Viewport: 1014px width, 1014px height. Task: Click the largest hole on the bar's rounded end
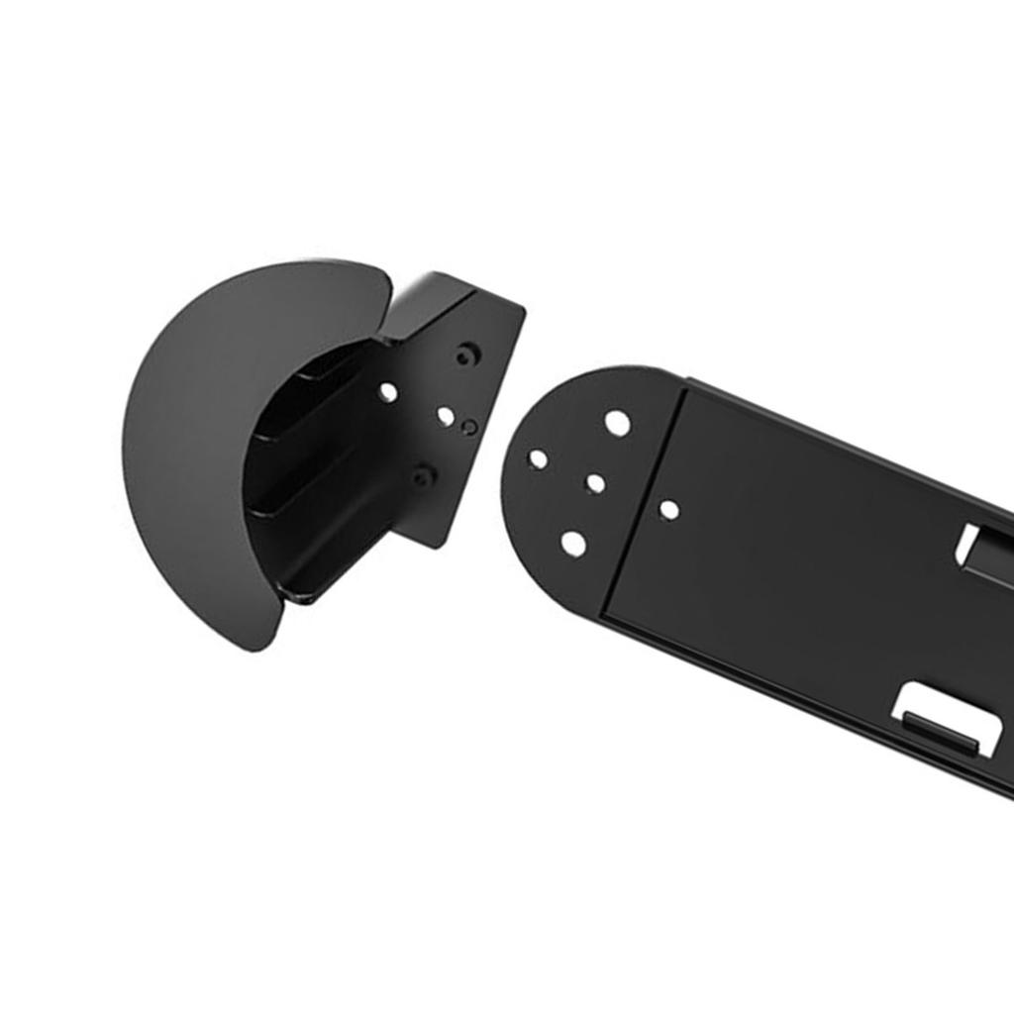(x=617, y=423)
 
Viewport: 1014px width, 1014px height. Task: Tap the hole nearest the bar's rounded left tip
(x=539, y=459)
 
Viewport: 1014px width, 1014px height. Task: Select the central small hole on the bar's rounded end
(x=595, y=484)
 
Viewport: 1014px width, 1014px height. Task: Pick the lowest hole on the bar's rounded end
(x=573, y=543)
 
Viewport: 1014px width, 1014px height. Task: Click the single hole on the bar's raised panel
(x=669, y=510)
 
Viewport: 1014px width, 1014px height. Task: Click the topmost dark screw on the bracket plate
(x=467, y=354)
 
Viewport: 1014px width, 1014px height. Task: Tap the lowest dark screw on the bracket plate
(x=424, y=477)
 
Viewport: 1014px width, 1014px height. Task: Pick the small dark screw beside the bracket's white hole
(x=469, y=427)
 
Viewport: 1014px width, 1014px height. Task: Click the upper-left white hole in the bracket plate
(x=388, y=393)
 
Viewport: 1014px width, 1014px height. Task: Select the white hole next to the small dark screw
(x=447, y=417)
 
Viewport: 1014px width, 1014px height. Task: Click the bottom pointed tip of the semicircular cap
(x=255, y=648)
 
